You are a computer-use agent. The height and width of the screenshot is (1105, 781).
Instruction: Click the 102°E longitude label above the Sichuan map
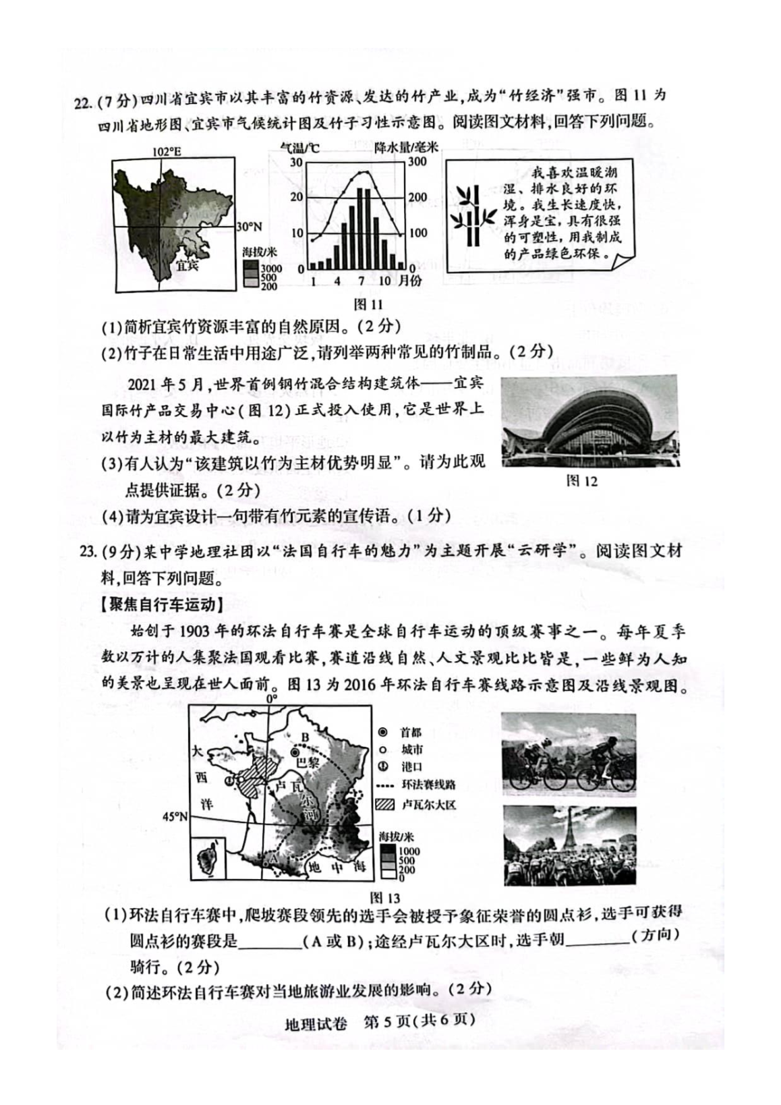point(165,152)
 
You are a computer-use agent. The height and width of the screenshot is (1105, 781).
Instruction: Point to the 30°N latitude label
point(248,227)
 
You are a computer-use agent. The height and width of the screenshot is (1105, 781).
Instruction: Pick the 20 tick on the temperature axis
point(296,197)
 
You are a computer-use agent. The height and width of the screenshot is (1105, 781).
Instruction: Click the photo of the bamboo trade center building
point(589,420)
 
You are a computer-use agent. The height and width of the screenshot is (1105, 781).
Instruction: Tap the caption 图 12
point(583,481)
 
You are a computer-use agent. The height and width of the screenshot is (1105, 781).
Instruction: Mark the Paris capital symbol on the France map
point(295,752)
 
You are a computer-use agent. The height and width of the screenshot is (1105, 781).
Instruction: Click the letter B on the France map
point(304,738)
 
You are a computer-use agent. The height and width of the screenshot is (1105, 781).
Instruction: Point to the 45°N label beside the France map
point(175,817)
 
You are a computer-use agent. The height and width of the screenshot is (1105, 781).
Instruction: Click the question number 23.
point(86,551)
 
